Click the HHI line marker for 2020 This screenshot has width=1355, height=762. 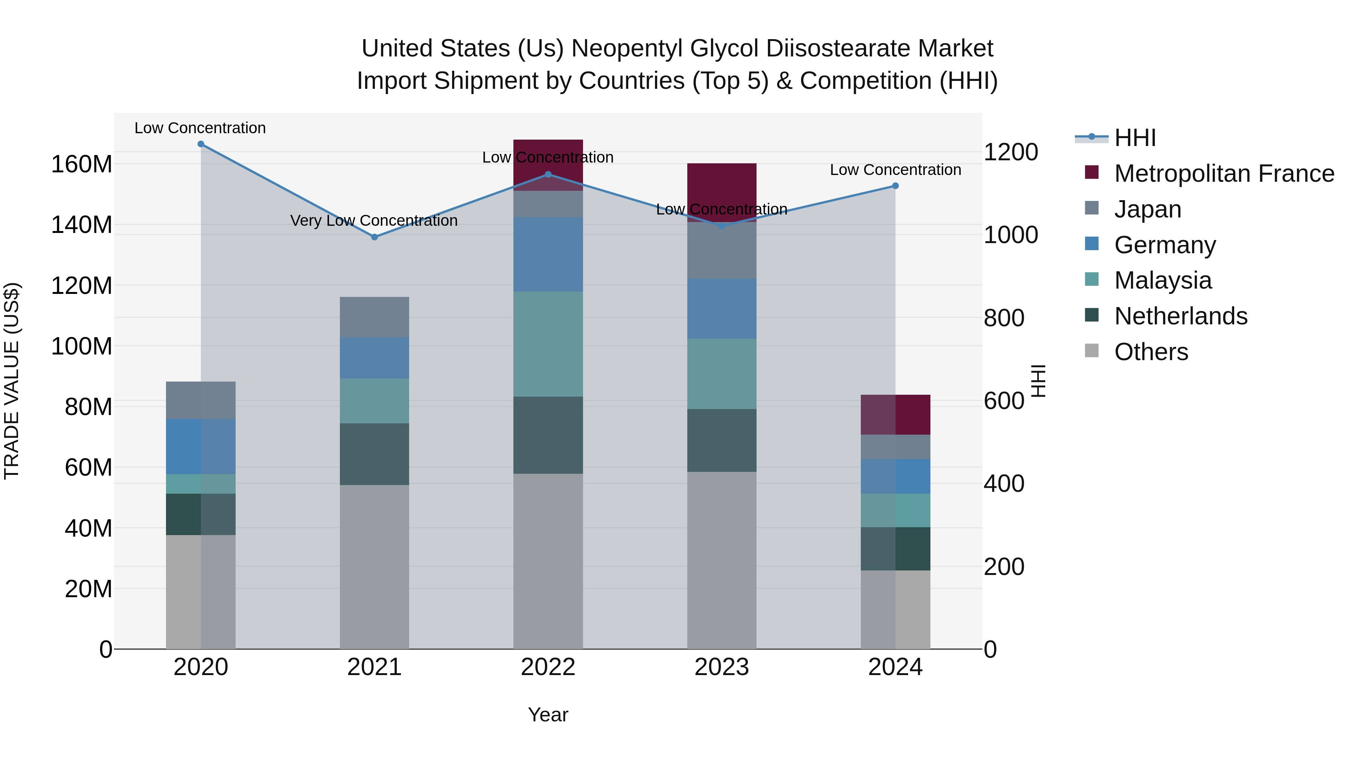pyautogui.click(x=200, y=144)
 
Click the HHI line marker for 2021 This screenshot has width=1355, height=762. pyautogui.click(x=375, y=237)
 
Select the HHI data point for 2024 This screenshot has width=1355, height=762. pyautogui.click(x=895, y=186)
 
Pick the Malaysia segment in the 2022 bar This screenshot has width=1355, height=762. pyautogui.click(x=548, y=344)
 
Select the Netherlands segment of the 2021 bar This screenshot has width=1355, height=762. pyautogui.click(x=375, y=454)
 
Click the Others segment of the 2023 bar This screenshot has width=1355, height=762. pyautogui.click(x=722, y=560)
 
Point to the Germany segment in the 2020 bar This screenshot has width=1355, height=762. pyautogui.click(x=200, y=446)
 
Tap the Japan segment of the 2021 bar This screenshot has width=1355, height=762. pyautogui.click(x=375, y=317)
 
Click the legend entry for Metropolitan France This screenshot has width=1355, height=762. pyautogui.click(x=1224, y=173)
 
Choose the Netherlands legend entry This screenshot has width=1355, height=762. pyautogui.click(x=1180, y=316)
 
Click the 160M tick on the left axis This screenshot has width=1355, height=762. pyautogui.click(x=82, y=164)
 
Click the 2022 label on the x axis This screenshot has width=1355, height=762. pyautogui.click(x=548, y=667)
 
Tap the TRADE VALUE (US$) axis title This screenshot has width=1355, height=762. pyautogui.click(x=12, y=381)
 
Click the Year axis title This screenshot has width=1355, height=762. pyautogui.click(x=548, y=715)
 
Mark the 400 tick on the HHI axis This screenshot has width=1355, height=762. pyautogui.click(x=1003, y=484)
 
